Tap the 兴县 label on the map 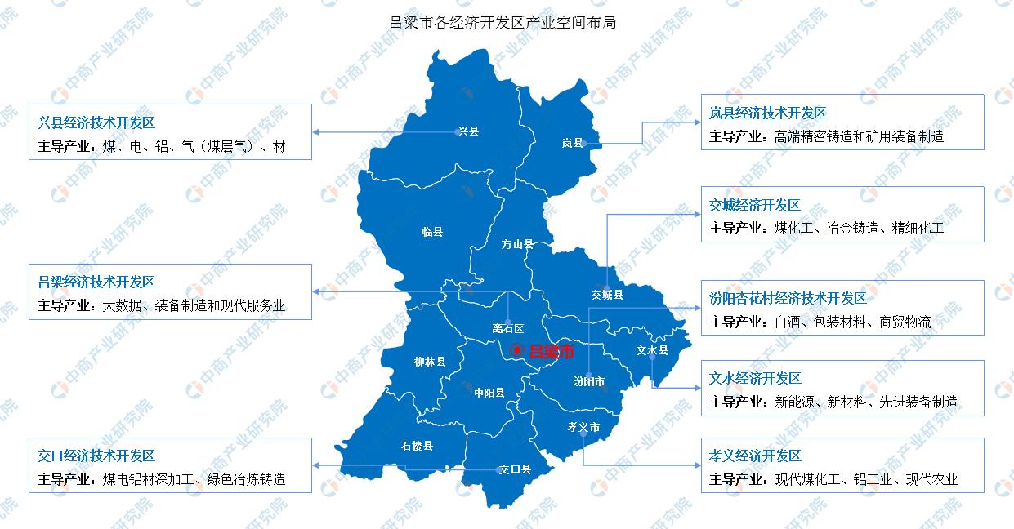[x=468, y=131]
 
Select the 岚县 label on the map [x=572, y=143]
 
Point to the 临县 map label [x=432, y=232]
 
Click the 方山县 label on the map [x=517, y=244]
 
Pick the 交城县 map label [x=607, y=295]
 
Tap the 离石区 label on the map [x=507, y=329]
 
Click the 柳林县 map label [x=430, y=361]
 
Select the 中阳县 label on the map [x=489, y=393]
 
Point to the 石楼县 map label [x=417, y=446]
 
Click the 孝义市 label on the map [x=583, y=427]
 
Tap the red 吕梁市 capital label [x=552, y=351]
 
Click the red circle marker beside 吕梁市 [x=516, y=350]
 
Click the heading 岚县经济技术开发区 [x=768, y=113]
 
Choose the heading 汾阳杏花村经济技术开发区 [x=788, y=299]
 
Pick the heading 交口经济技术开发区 [x=96, y=456]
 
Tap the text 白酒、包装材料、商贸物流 [x=853, y=322]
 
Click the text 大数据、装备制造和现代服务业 [x=194, y=306]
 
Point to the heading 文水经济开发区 [x=755, y=378]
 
